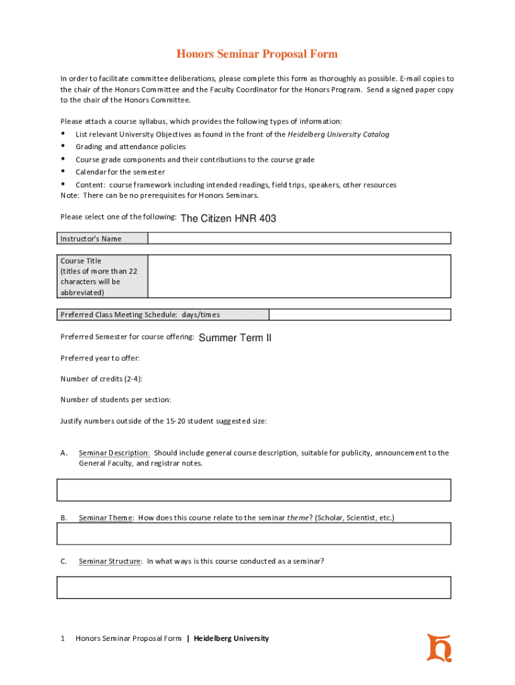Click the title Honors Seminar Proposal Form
257,54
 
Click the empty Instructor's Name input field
299,238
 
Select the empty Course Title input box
299,276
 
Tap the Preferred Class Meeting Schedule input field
360,314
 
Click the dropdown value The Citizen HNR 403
228,218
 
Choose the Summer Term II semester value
235,338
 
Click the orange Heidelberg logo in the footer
439,647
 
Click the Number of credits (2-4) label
101,379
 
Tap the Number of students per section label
115,399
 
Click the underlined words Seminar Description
114,453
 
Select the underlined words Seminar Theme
106,518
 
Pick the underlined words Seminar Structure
110,561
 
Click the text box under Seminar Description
254,490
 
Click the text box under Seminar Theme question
254,534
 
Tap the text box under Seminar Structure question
254,587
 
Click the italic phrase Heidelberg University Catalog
338,134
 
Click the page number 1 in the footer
63,638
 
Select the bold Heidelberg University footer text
231,638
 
